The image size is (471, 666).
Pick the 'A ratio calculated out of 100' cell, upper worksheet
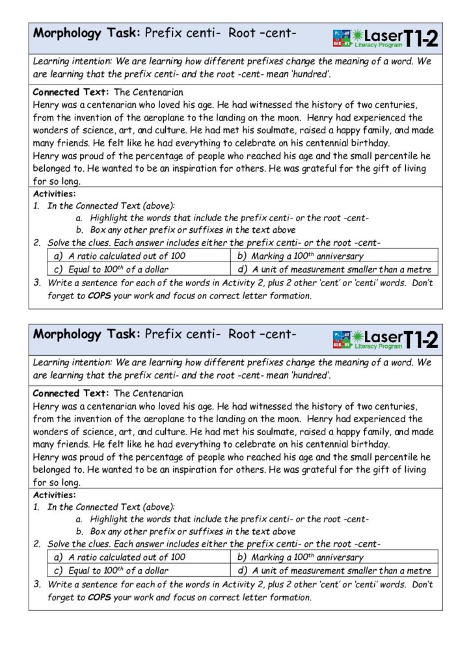[126, 256]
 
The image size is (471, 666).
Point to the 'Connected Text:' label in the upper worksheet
[71, 92]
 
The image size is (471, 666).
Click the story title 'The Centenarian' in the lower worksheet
[148, 393]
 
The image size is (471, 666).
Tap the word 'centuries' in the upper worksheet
[394, 105]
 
